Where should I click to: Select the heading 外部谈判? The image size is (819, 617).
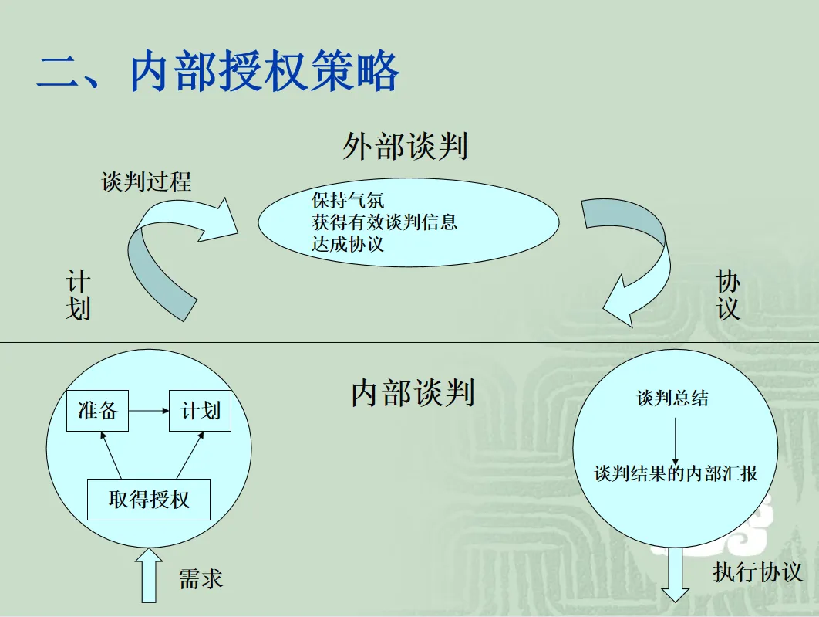pos(406,146)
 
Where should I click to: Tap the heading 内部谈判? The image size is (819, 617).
pos(412,392)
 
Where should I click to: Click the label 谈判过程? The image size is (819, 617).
pos(147,182)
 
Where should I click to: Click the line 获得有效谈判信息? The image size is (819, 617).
pos(384,222)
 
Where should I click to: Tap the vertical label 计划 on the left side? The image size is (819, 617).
pos(78,296)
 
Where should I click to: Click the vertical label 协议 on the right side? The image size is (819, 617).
pos(728,296)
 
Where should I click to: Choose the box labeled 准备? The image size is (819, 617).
pos(98,411)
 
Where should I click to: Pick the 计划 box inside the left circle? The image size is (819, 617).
pos(200,411)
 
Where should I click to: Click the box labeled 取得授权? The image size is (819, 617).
pos(149,499)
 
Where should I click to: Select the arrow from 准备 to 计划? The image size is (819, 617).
pos(149,411)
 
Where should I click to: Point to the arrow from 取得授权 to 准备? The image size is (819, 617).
pos(111,456)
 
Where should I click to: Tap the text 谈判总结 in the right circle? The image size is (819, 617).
pos(672,398)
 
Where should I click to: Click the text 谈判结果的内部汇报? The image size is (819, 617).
pos(676,473)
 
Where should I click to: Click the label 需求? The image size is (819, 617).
pos(201,578)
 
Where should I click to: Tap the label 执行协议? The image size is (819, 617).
pos(757,572)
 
